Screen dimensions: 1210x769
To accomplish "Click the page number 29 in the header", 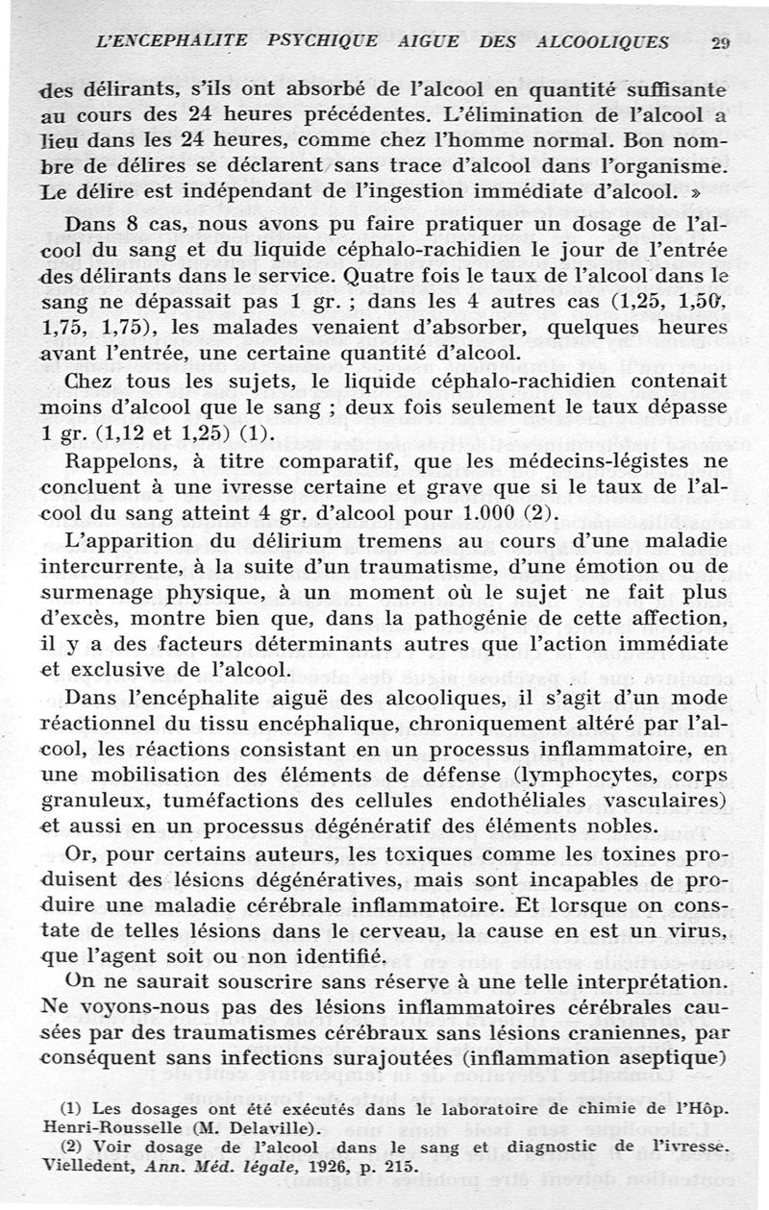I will point(721,42).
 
